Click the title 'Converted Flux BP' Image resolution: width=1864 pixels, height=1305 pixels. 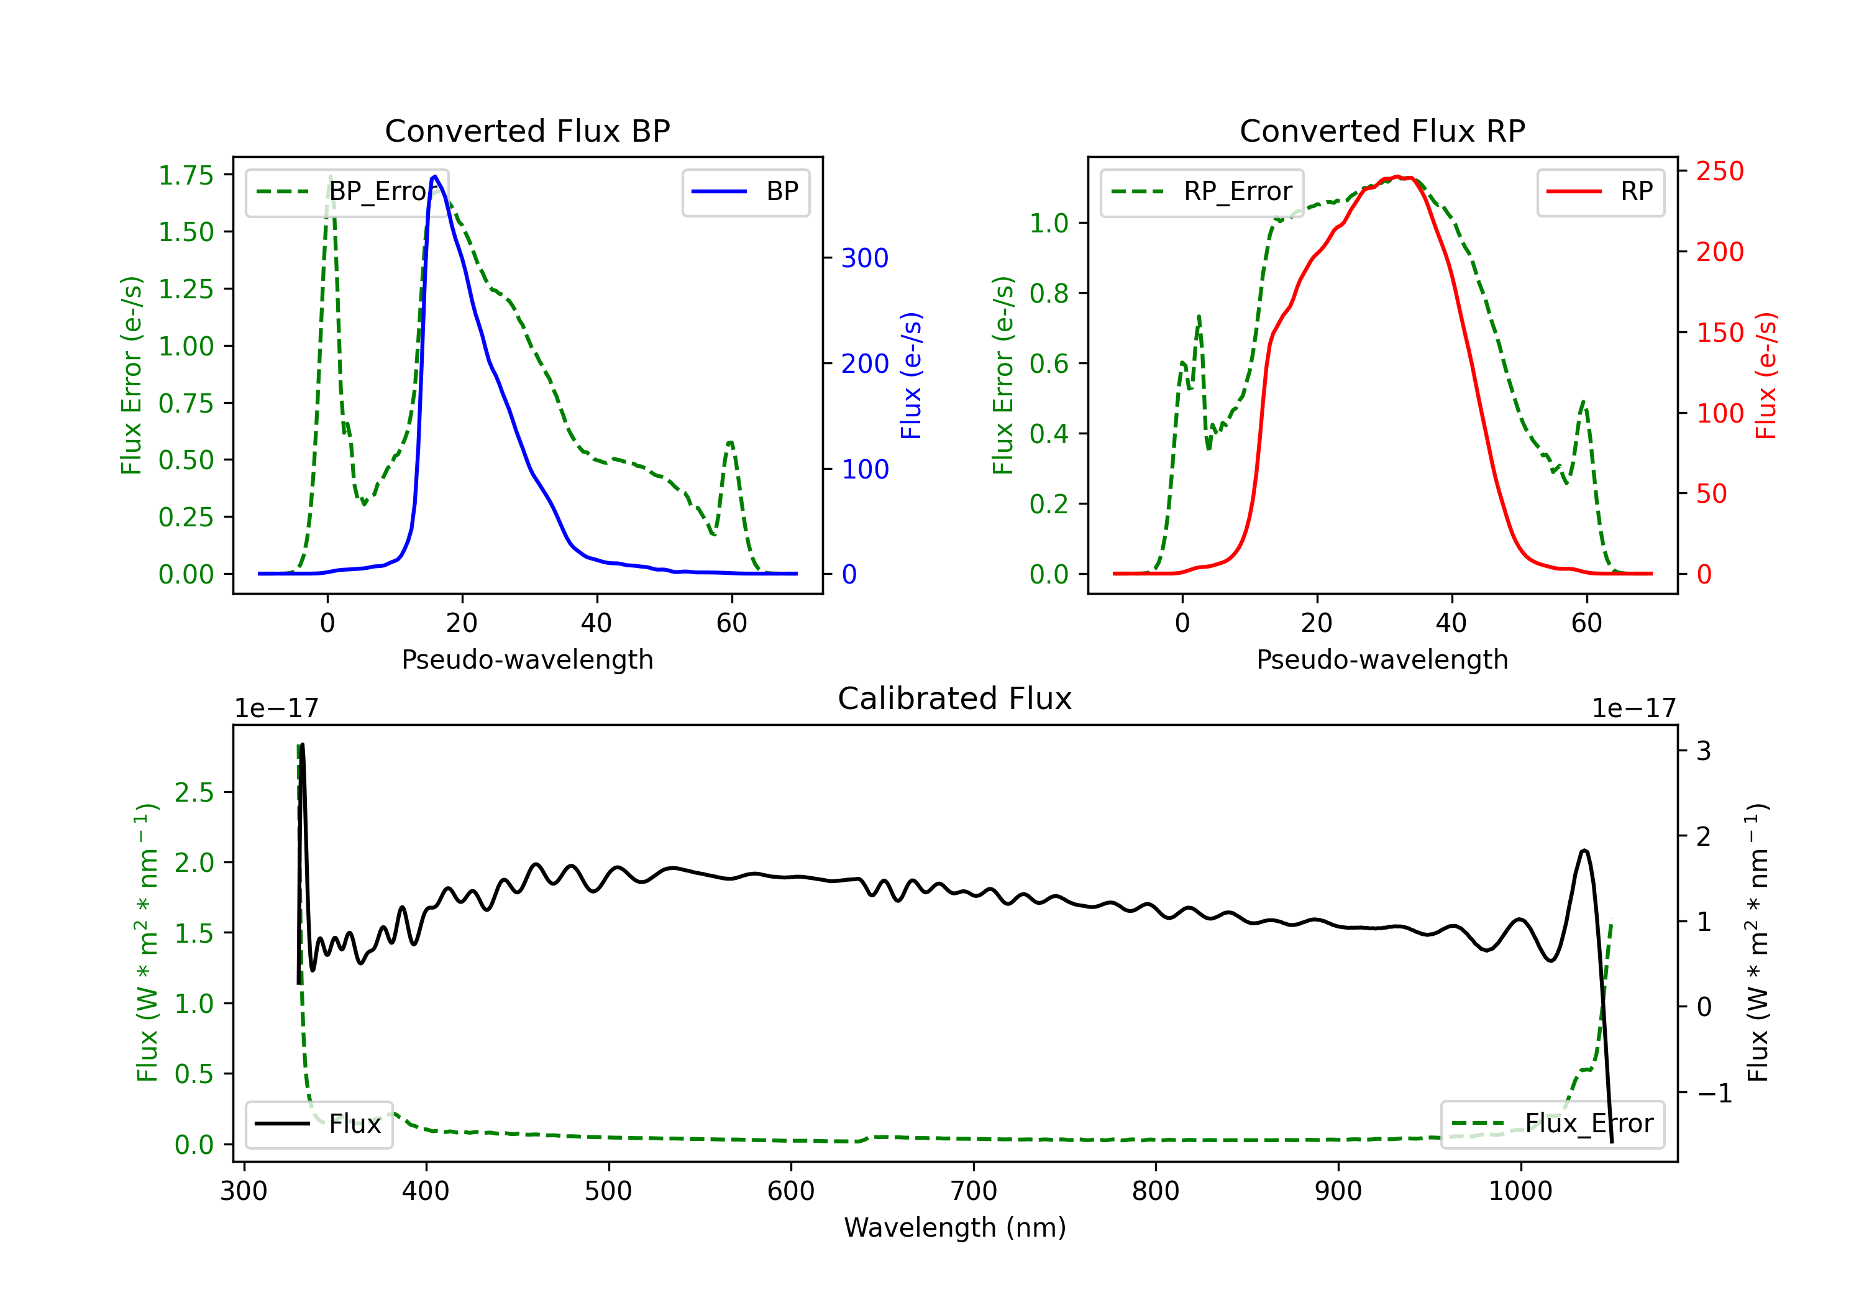527,130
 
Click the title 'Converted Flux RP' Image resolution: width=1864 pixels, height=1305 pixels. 1382,130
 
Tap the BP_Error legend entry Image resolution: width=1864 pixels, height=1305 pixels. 347,191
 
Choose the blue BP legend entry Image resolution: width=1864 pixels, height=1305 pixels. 745,191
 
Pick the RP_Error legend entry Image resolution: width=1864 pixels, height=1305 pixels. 1202,191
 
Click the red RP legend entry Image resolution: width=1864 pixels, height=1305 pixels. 1600,191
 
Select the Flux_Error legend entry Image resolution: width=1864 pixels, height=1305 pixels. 1551,1124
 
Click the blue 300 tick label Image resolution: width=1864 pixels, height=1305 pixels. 865,259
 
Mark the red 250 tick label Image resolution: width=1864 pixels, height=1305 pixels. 1719,172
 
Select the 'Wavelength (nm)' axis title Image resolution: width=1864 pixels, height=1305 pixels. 955,1227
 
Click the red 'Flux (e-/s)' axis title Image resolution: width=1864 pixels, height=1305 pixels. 1766,375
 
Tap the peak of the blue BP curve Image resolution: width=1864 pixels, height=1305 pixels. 435,176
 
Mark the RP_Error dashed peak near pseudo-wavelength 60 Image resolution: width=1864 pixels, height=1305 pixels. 1583,401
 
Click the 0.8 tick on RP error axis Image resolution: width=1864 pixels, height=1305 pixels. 1048,293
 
